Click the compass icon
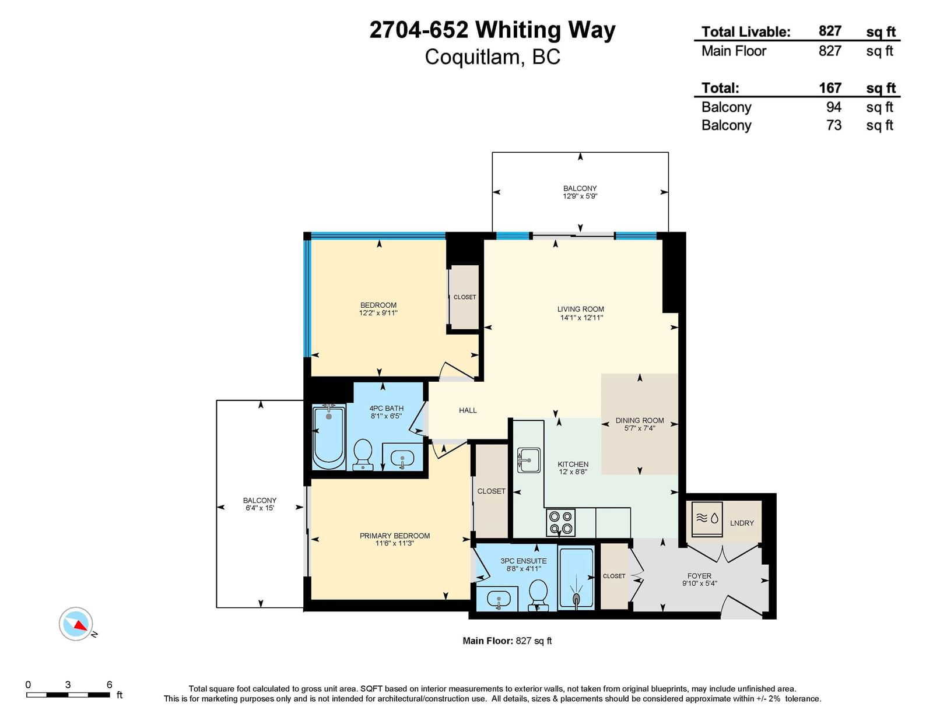coord(76,624)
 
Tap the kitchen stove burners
coord(560,522)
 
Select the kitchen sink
coord(529,460)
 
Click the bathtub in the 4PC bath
coord(329,437)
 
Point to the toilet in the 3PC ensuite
coord(538,595)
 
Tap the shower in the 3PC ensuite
coord(576,579)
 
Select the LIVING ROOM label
coord(580,309)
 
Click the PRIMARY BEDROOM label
coord(395,536)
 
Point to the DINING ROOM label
coord(640,421)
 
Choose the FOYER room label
coord(699,576)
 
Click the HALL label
coord(468,410)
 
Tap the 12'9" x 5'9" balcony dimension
coord(580,196)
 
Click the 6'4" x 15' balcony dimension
coord(259,508)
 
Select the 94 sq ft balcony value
coord(833,107)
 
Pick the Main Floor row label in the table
coord(734,51)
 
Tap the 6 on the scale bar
coord(110,684)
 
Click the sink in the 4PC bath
coord(402,458)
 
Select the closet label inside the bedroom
coord(465,297)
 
